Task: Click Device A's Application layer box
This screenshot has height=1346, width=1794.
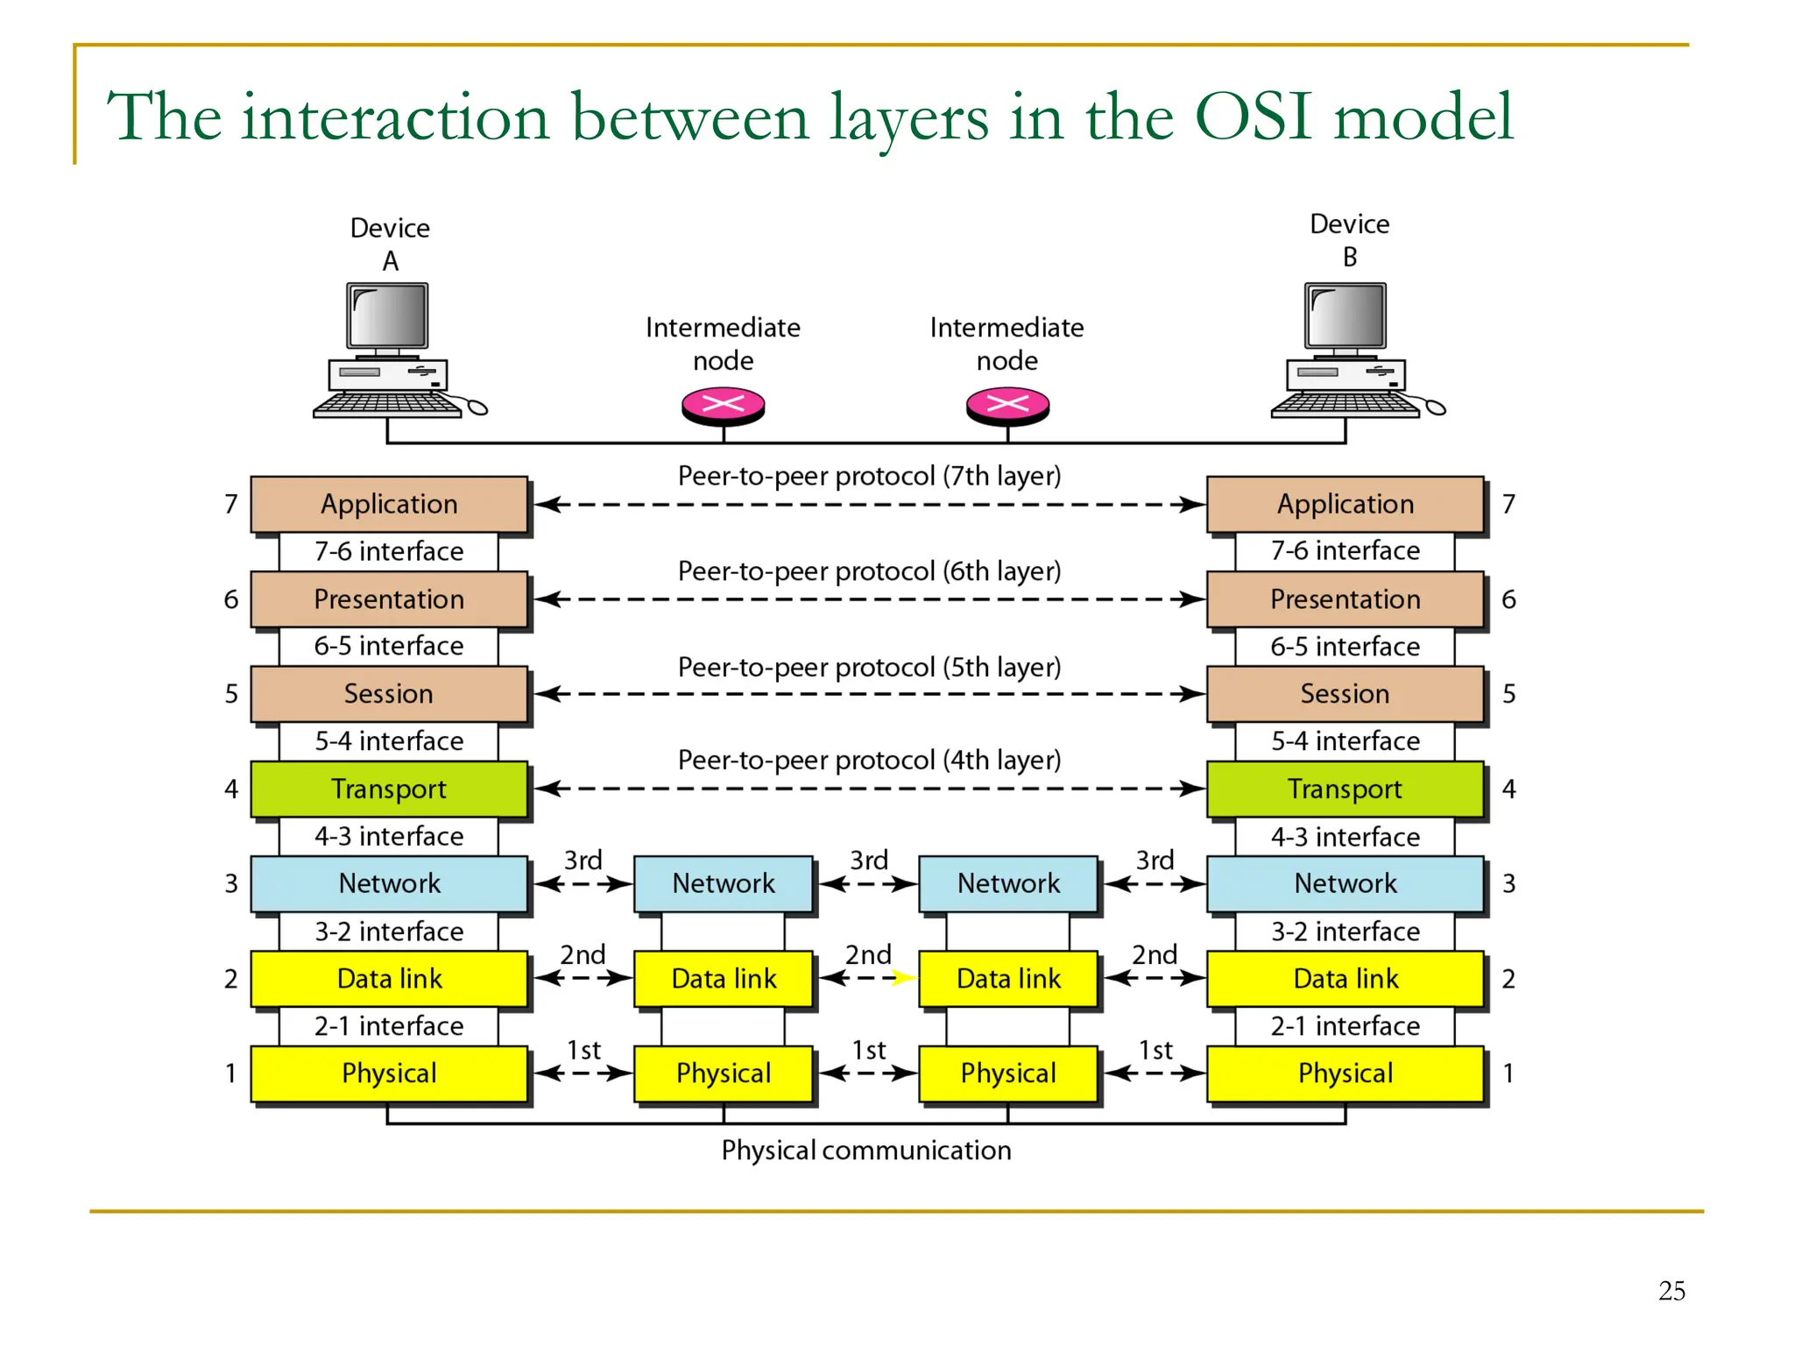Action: pyautogui.click(x=389, y=504)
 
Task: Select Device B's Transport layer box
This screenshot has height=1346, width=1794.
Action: pyautogui.click(x=1345, y=789)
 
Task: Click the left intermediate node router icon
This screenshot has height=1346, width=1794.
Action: pyautogui.click(x=724, y=405)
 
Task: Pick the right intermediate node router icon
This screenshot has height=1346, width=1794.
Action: pyautogui.click(x=1007, y=405)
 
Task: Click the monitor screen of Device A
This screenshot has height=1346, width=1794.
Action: pyautogui.click(x=388, y=316)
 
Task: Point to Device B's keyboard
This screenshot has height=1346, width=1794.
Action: pyautogui.click(x=1345, y=405)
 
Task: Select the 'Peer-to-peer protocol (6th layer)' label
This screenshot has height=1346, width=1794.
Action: pyautogui.click(x=869, y=571)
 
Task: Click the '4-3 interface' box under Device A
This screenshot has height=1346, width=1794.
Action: pyautogui.click(x=389, y=836)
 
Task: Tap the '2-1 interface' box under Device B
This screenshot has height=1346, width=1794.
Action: pyautogui.click(x=1345, y=1025)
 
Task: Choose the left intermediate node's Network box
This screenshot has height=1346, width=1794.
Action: pyautogui.click(x=724, y=883)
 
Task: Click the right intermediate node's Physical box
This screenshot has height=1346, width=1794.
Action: pyautogui.click(x=1008, y=1073)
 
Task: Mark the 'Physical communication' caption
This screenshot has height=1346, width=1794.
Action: pyautogui.click(x=866, y=1150)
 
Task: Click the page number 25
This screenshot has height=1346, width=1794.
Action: pyautogui.click(x=1671, y=1290)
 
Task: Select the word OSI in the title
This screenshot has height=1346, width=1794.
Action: pyautogui.click(x=1254, y=117)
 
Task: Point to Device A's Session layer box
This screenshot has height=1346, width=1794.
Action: pyautogui.click(x=389, y=693)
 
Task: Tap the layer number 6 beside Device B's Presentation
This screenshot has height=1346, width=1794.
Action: pyautogui.click(x=1508, y=599)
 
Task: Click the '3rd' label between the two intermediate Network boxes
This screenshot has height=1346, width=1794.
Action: pyautogui.click(x=869, y=860)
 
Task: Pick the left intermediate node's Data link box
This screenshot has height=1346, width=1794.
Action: pyautogui.click(x=724, y=978)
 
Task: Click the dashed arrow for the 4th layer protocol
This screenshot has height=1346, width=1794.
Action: pyautogui.click(x=869, y=789)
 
